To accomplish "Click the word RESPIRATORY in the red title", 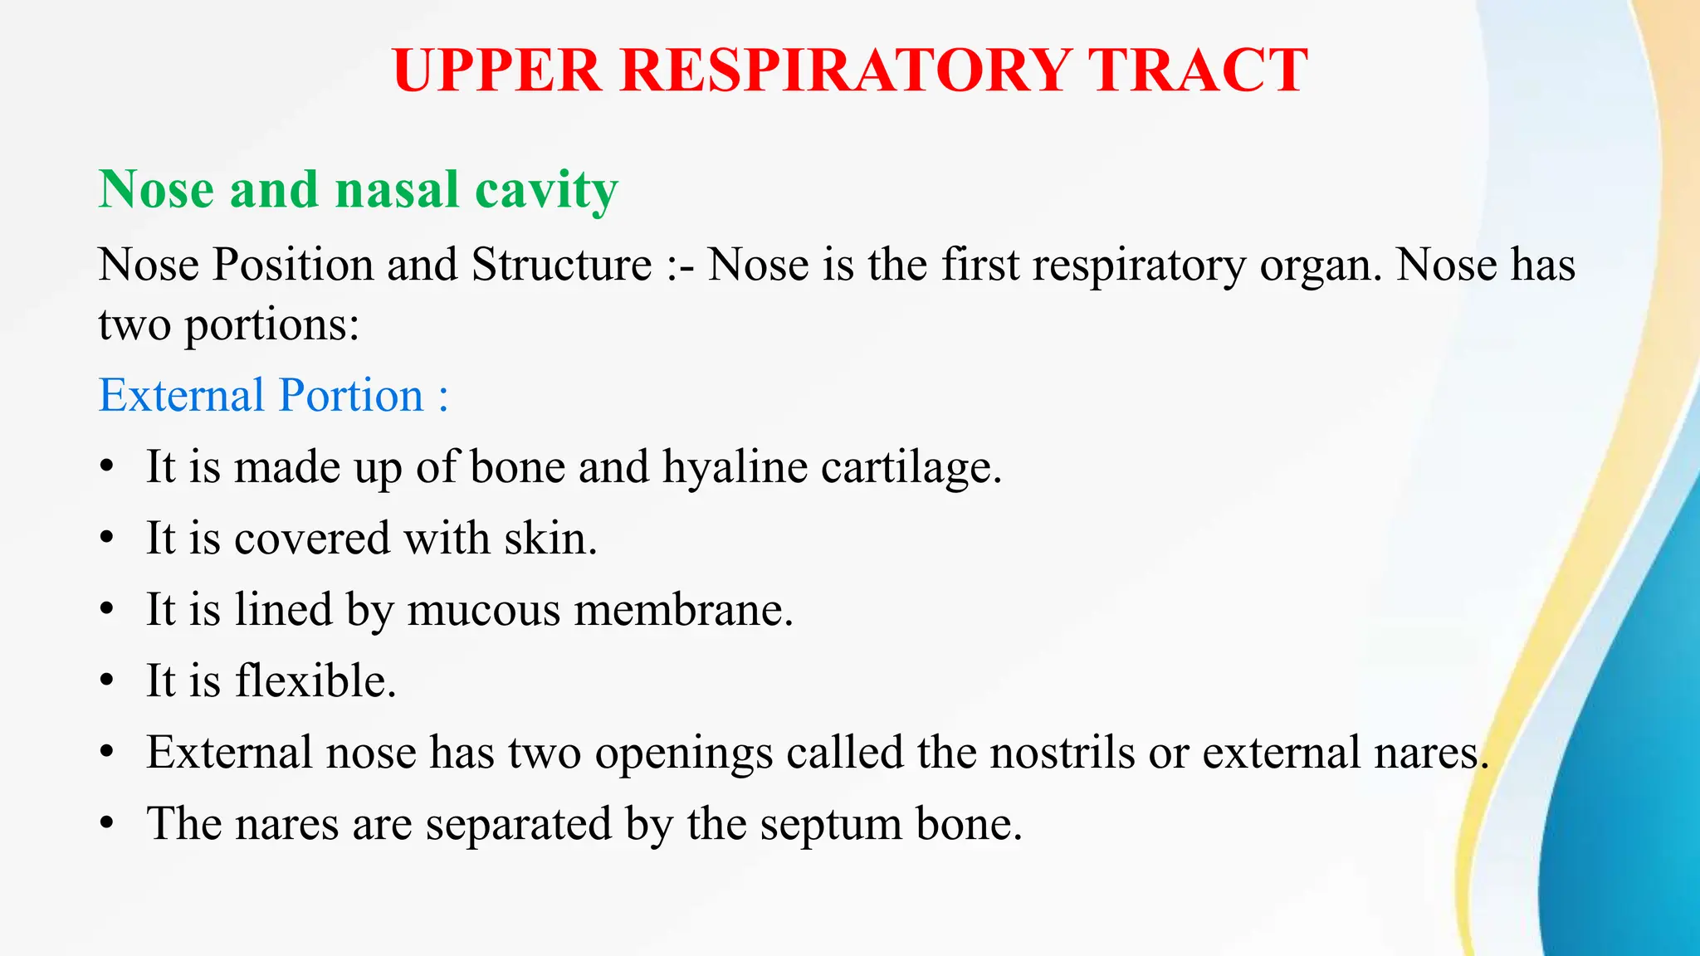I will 844,70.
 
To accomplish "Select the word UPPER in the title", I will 496,70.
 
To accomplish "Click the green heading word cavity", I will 546,191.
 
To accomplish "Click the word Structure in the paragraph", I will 562,266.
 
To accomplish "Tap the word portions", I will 271,325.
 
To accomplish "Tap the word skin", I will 550,538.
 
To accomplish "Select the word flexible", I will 315,681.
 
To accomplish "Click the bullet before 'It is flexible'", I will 106,681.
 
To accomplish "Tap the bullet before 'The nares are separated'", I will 106,824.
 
